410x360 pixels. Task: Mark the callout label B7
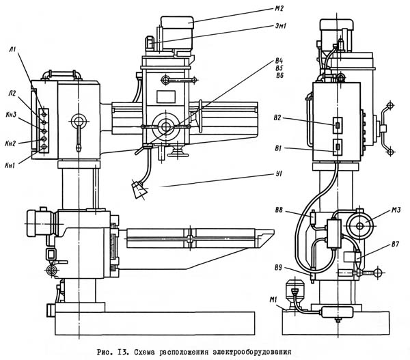click(x=395, y=244)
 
